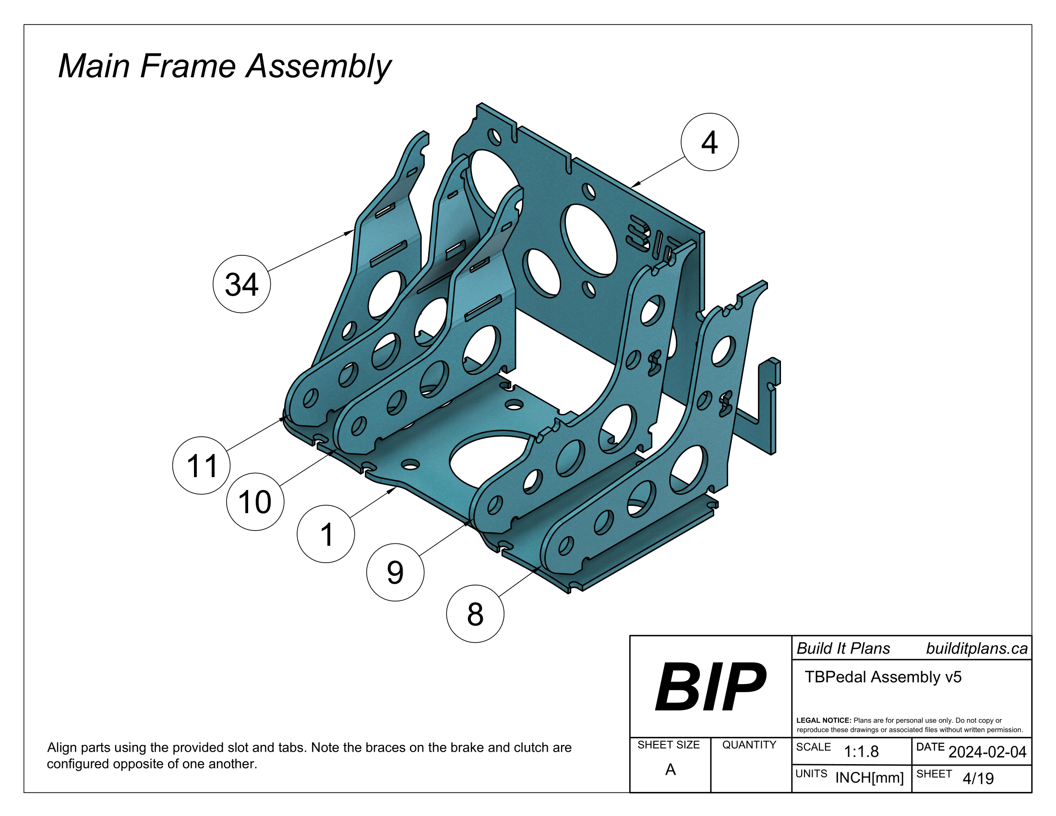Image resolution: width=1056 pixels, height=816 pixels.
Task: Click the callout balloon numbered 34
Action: tap(241, 284)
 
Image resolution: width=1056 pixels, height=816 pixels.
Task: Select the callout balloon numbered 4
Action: tap(709, 142)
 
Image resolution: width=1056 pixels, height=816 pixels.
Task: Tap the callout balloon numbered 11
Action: tap(201, 466)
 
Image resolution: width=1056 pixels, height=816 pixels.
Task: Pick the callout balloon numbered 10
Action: tap(255, 502)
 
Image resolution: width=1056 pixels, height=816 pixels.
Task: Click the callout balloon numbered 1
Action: tap(326, 534)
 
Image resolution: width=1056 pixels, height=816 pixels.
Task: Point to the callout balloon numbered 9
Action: tap(395, 572)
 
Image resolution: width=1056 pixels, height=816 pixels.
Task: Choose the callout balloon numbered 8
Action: tap(475, 614)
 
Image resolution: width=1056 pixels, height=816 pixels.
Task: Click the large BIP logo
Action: tap(710, 687)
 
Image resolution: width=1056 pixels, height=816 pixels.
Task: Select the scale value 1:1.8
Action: tap(861, 752)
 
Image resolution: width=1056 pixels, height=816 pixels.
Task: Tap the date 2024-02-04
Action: tap(987, 752)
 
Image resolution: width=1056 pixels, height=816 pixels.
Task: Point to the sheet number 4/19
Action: tap(978, 778)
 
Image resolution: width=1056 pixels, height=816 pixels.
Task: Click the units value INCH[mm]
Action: tap(869, 778)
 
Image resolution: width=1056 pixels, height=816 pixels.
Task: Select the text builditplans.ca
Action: tap(977, 649)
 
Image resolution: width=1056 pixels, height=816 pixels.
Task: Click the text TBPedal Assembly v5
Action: tap(883, 677)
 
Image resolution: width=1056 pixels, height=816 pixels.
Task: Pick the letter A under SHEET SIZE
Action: tap(670, 769)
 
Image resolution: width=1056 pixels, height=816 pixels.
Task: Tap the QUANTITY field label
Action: tap(749, 745)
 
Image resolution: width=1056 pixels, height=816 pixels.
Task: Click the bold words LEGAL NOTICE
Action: tap(823, 720)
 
